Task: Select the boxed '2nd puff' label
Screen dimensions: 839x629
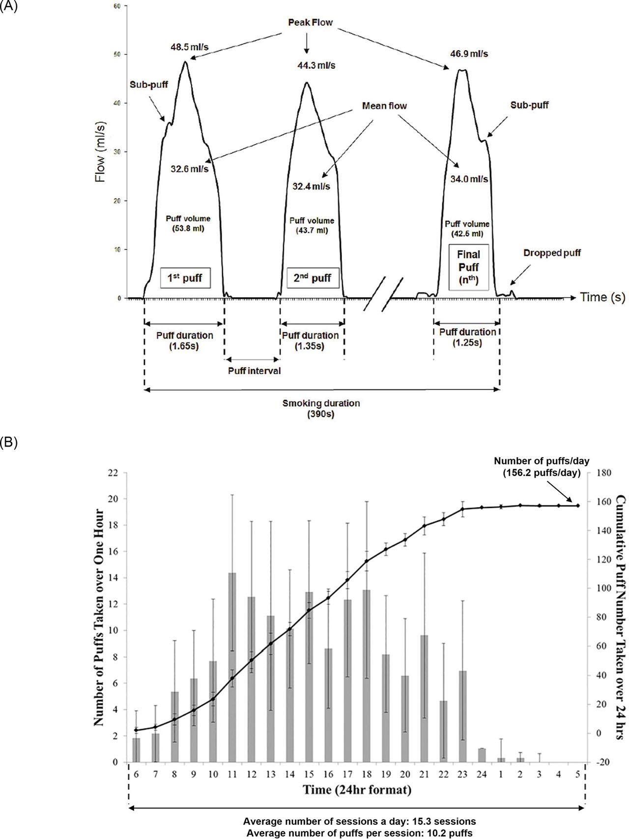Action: (x=313, y=278)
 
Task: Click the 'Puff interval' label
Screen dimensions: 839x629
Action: (x=254, y=371)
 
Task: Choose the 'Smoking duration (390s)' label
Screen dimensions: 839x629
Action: (x=321, y=409)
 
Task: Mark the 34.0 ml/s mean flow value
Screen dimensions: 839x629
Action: (x=469, y=179)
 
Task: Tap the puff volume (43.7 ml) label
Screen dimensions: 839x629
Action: (x=312, y=225)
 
